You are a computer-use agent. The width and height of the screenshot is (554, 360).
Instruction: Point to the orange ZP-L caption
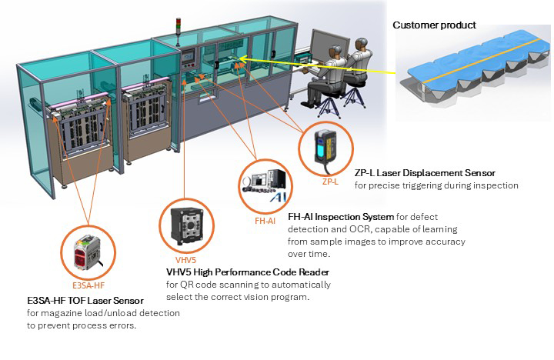(x=329, y=182)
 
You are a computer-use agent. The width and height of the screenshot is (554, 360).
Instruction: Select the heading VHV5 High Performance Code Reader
(x=248, y=272)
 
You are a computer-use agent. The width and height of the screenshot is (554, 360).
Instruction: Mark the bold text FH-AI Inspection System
(x=340, y=218)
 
